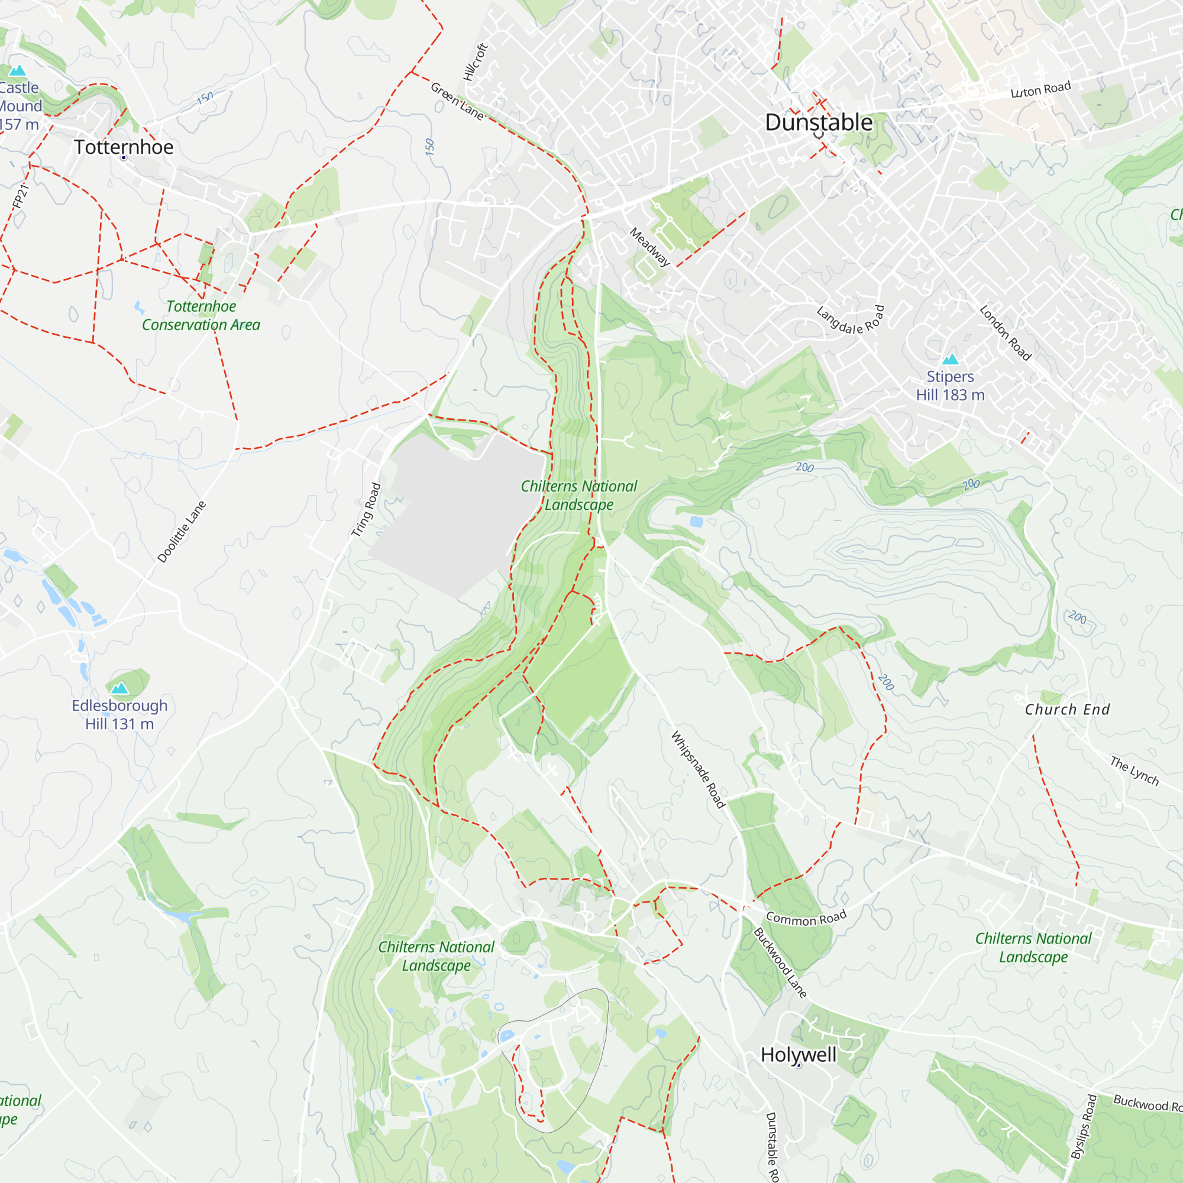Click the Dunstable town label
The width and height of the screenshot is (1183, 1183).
coord(819,122)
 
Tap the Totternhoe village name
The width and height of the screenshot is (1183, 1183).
coord(124,147)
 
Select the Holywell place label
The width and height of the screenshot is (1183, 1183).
coord(799,1055)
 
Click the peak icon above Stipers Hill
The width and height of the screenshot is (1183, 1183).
coord(951,359)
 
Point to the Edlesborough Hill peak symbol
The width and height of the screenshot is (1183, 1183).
coord(120,689)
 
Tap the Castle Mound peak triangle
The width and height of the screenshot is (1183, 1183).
coord(18,70)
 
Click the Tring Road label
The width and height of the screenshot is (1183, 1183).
coord(366,510)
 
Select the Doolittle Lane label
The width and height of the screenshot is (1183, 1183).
coord(182,532)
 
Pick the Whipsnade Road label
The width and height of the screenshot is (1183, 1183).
coord(698,769)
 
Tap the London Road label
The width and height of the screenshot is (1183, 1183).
coord(1006,333)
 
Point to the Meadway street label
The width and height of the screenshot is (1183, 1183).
coord(650,247)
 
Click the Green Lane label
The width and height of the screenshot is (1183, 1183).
coord(457,101)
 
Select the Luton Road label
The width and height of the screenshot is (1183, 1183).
coord(1041,89)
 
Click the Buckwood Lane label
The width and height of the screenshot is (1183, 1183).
coord(780,962)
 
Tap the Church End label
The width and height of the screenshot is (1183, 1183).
coord(1067,710)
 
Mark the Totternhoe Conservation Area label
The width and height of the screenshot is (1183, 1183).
coord(201,315)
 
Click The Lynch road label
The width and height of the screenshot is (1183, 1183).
coord(1134,771)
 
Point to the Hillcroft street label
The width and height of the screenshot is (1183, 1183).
coord(476,62)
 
